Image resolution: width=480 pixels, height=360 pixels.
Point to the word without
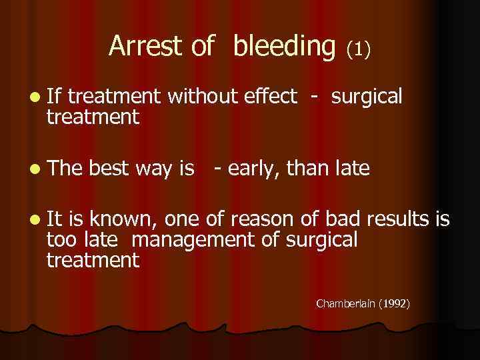tap(202, 97)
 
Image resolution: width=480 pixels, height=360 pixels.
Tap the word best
tap(109, 170)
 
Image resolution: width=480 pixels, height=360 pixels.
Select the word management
tap(199, 240)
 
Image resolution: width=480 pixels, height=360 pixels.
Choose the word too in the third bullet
tap(61, 240)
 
